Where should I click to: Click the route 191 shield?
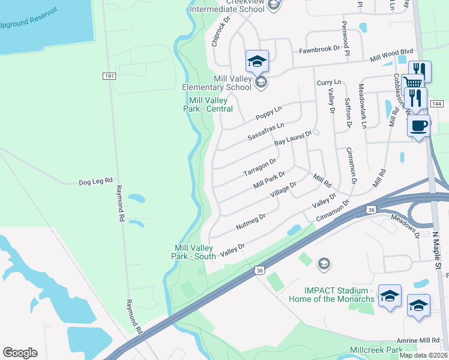point(109,76)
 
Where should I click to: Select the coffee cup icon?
point(418,125)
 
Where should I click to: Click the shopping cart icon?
point(412,82)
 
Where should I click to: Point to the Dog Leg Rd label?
point(96,181)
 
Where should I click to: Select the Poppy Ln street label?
point(268,112)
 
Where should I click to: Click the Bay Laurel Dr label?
point(294,139)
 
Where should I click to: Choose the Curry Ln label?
point(329,82)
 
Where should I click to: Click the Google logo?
point(20,352)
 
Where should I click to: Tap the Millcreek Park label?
point(376,349)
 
